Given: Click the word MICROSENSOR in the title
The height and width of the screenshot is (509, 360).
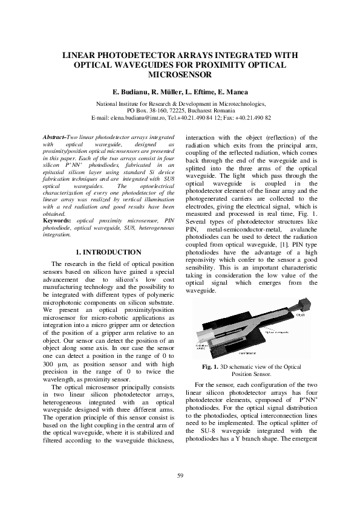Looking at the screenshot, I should click(x=180, y=74).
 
